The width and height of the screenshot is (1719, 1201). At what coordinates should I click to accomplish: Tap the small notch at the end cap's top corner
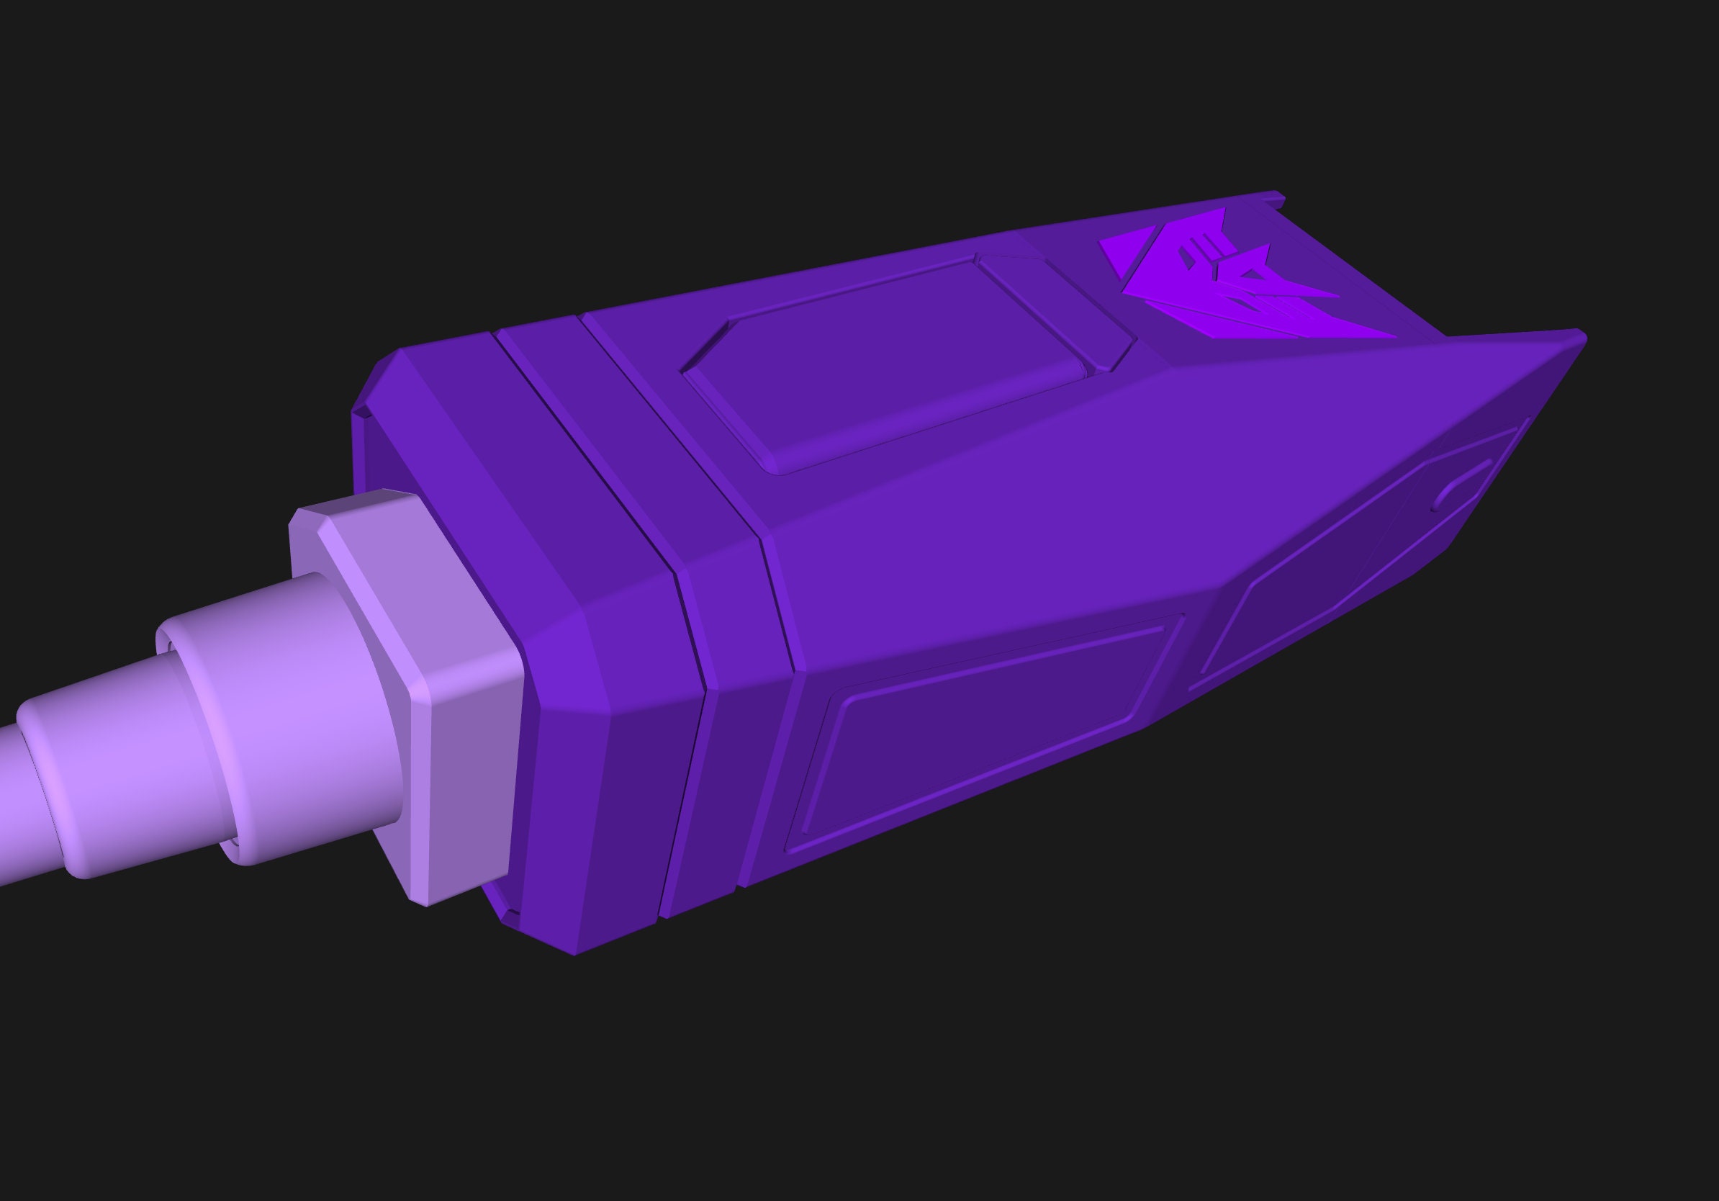[361, 412]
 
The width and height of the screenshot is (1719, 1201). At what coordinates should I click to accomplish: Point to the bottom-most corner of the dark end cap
[574, 953]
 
